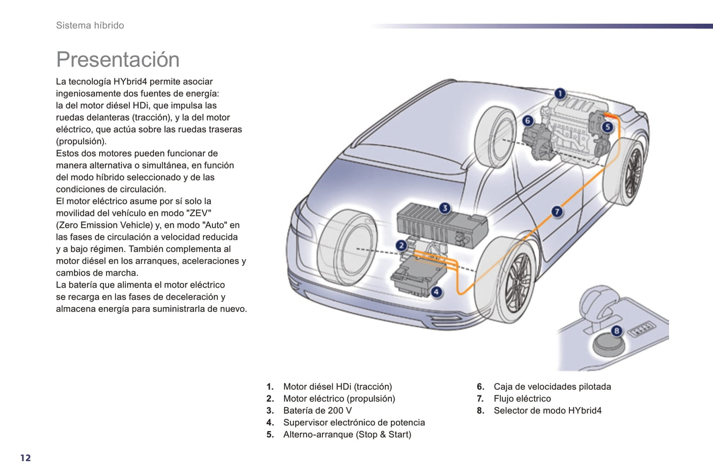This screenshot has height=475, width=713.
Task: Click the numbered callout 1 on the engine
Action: (560, 94)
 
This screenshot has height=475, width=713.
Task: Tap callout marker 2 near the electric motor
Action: (402, 245)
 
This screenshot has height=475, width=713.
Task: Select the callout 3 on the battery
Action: (445, 208)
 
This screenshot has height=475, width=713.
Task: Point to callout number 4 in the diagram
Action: (436, 292)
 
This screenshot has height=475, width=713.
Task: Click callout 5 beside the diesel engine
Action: (607, 127)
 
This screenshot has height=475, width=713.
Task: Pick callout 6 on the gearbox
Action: (527, 121)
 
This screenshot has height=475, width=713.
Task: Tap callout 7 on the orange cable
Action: (557, 212)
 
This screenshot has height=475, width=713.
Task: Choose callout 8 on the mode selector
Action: (616, 331)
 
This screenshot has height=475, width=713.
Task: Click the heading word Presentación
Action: (118, 60)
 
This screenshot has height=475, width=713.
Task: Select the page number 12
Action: (26, 458)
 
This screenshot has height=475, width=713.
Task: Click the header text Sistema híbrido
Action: (90, 26)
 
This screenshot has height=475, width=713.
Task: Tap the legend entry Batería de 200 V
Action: (317, 410)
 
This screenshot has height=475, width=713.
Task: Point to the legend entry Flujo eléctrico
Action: (522, 399)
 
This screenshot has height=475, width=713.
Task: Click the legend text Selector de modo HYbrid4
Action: (547, 410)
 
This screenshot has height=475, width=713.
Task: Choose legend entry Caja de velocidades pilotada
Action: (552, 387)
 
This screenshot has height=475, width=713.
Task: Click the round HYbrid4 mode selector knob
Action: (608, 343)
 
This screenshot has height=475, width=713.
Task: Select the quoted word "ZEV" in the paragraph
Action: (200, 213)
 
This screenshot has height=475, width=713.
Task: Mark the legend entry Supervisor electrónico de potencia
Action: (354, 422)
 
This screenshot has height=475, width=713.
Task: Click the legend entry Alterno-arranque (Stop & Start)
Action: (347, 434)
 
